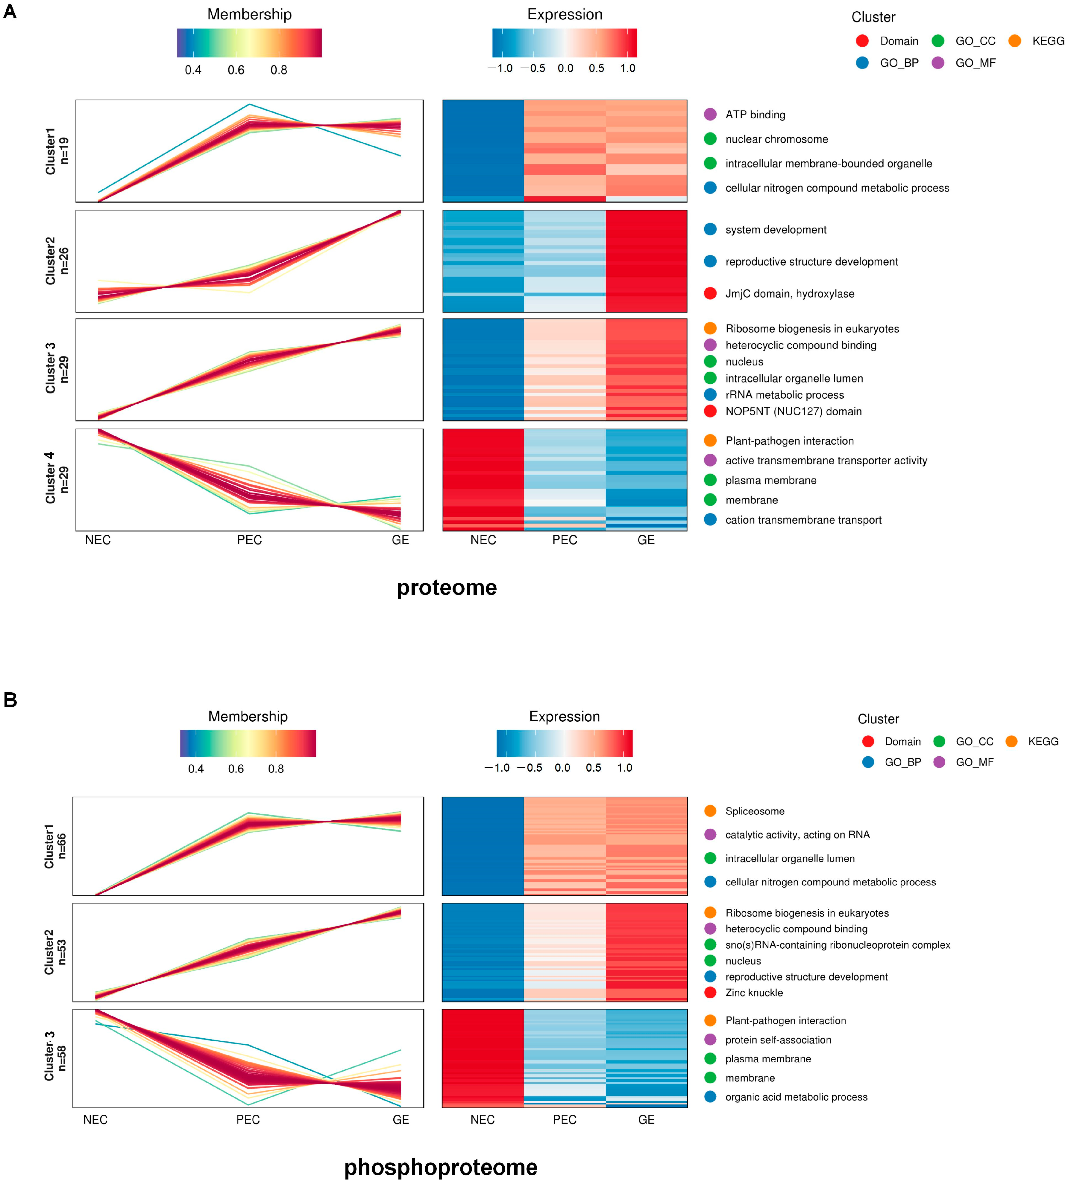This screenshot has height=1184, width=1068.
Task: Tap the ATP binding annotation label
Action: pos(755,114)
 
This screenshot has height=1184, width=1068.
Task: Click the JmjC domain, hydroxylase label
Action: pos(789,293)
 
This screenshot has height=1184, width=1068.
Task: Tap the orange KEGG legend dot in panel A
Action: pos(1015,40)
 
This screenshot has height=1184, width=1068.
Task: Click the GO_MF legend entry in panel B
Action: pos(974,762)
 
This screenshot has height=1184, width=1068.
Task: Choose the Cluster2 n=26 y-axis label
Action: pos(57,261)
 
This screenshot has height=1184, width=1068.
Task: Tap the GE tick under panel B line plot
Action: pos(401,1119)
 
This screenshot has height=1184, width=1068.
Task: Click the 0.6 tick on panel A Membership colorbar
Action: pos(236,70)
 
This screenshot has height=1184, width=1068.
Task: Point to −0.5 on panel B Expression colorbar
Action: pos(530,768)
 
